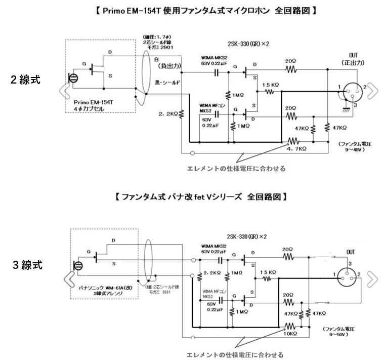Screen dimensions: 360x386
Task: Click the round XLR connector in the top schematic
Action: pyautogui.click(x=349, y=93)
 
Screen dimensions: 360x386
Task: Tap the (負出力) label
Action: pyautogui.click(x=171, y=66)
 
